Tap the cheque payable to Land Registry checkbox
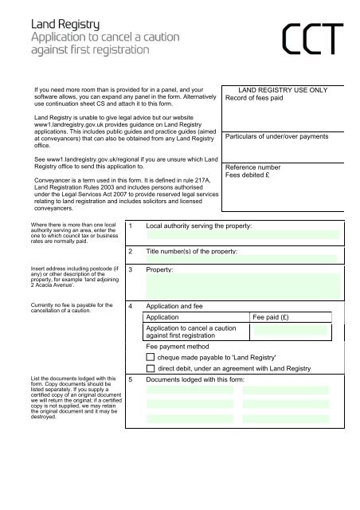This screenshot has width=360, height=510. point(151,359)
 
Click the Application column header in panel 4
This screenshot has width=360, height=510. point(169,316)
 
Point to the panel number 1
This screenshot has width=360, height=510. point(131,227)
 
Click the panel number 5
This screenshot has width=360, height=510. point(131,380)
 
